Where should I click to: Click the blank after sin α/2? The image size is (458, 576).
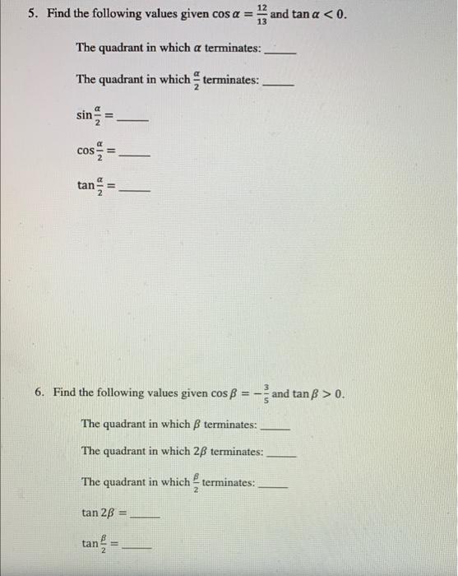[134, 120]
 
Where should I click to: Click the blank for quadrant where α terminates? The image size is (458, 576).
[280, 51]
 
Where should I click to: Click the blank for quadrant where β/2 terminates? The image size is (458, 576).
[272, 486]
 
